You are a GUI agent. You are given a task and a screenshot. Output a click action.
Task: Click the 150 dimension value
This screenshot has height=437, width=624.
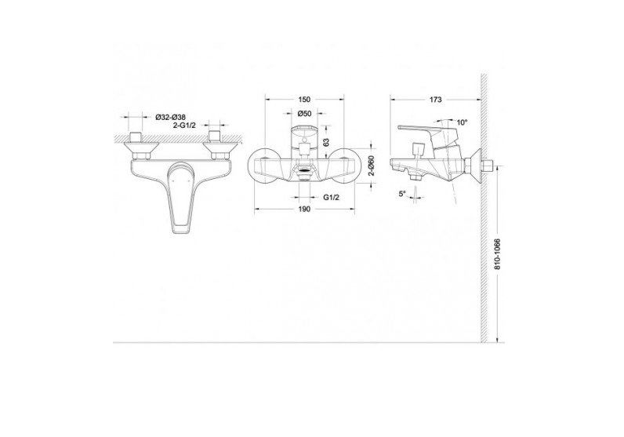[305, 100]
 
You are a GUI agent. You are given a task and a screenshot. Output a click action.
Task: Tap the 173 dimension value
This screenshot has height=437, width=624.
[437, 100]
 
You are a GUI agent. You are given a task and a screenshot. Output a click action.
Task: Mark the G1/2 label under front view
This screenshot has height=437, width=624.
[330, 199]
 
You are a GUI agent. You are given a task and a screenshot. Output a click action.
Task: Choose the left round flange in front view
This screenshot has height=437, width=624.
[262, 166]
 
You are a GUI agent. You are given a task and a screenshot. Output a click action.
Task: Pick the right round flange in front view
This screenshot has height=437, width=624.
[350, 166]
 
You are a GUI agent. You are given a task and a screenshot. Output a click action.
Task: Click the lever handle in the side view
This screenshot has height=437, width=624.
[423, 127]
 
